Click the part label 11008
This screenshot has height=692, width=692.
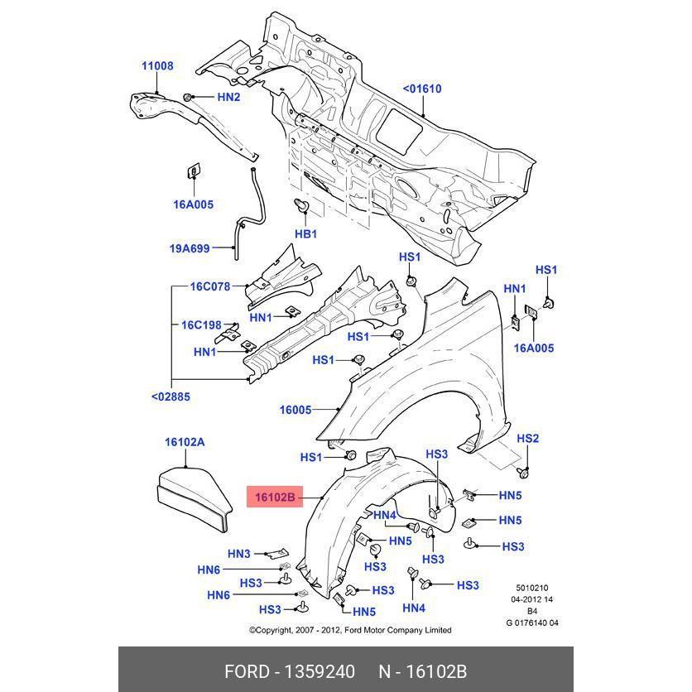(157, 66)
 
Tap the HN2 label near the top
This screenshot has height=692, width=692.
(228, 97)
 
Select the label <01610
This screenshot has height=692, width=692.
(422, 89)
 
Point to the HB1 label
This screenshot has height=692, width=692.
(306, 234)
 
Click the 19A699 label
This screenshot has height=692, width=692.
(190, 247)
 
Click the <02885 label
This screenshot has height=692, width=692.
(171, 396)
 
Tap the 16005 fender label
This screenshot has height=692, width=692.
(295, 410)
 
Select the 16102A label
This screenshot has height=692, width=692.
(185, 442)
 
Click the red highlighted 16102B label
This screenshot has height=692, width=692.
(274, 497)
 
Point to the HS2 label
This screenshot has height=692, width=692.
(528, 438)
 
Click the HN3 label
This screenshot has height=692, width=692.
(238, 554)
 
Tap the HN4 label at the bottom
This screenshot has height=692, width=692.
(413, 608)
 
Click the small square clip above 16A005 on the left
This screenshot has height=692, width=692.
(193, 172)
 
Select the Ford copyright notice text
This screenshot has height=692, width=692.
(350, 630)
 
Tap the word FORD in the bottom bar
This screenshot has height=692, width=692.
(247, 670)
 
